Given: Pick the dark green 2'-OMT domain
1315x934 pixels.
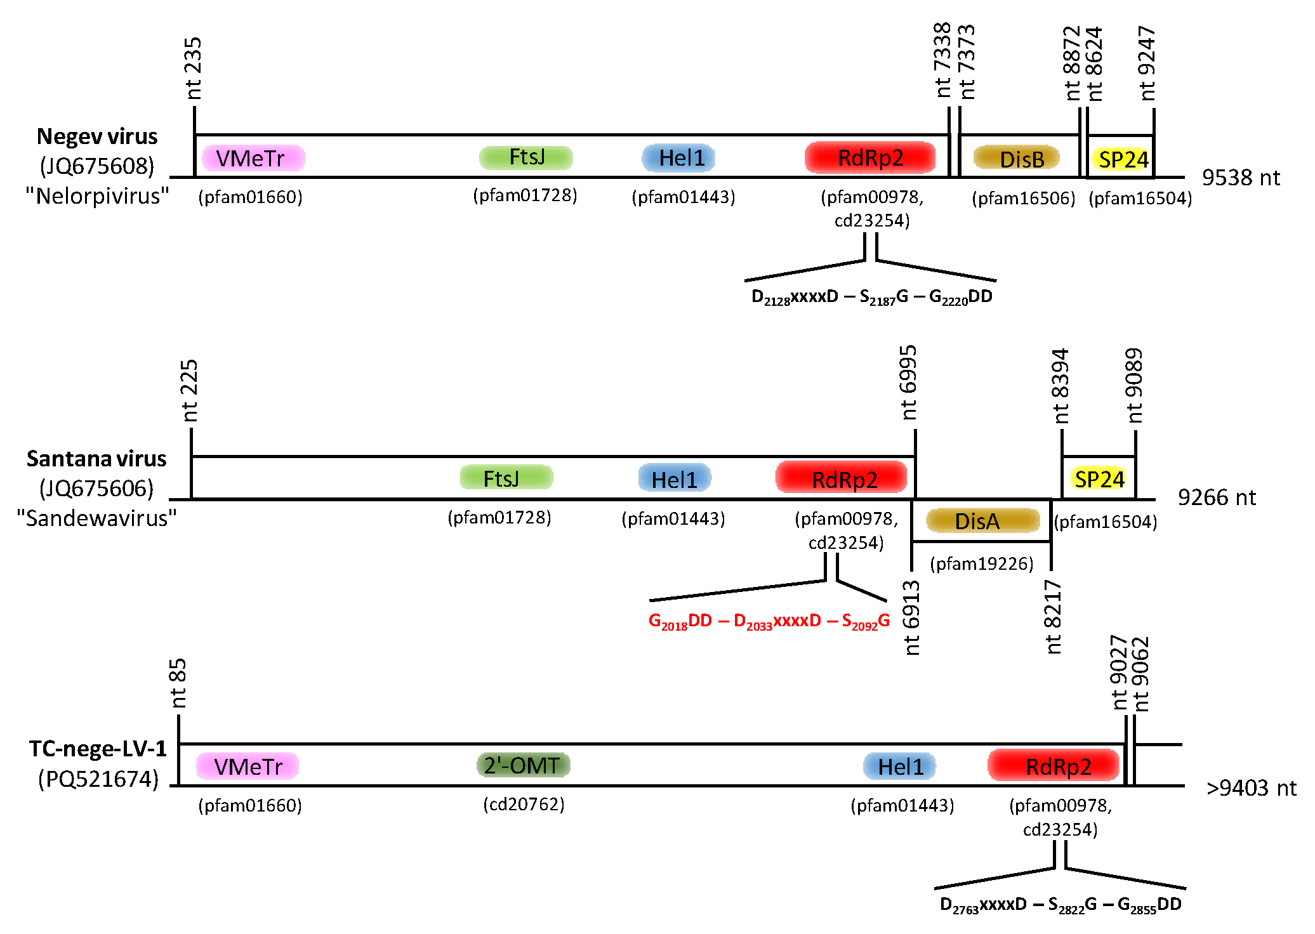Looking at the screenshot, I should click(523, 765).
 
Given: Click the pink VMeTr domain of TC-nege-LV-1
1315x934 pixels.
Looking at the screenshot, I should click(248, 766).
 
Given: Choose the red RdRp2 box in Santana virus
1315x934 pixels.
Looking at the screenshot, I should click(842, 478).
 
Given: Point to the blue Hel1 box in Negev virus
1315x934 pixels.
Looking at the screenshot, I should click(678, 158).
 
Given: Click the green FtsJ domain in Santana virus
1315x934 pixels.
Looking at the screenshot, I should click(506, 478).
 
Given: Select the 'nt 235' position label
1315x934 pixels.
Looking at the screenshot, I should click(193, 69).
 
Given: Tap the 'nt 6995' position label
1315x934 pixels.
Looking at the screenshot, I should click(908, 383).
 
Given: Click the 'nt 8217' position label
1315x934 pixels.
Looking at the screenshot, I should click(1052, 617).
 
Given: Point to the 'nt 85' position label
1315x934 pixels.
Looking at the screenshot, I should click(178, 683).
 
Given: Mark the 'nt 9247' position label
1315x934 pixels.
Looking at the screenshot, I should click(1147, 63).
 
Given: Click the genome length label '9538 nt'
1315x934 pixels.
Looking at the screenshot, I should click(1241, 178).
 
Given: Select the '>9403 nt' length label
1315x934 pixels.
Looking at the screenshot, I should click(1251, 788).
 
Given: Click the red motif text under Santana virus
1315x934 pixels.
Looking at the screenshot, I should click(769, 621).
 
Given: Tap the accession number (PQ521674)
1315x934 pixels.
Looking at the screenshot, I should click(98, 779).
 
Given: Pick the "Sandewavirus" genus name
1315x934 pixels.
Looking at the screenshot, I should click(96, 518).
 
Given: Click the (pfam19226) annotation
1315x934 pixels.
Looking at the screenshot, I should click(982, 563).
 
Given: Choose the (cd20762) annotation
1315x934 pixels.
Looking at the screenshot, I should click(524, 805).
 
